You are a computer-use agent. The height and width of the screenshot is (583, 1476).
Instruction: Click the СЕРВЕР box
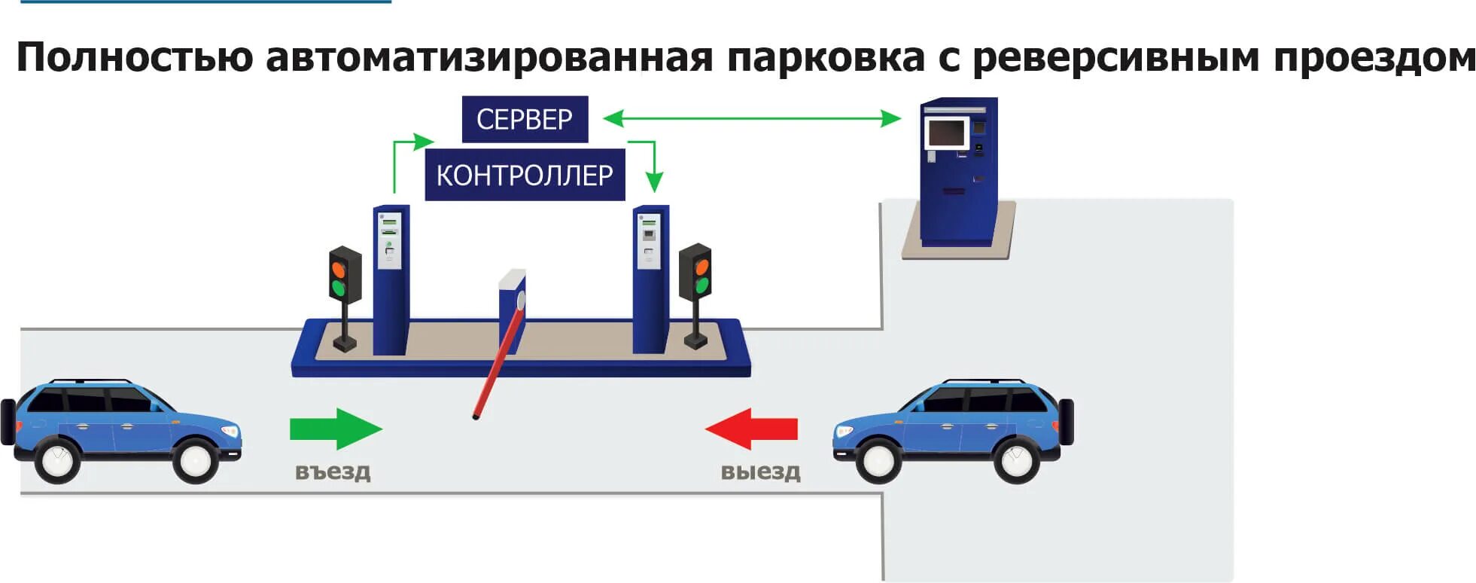coord(525,119)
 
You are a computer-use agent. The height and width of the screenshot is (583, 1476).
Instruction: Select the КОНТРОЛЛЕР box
coord(525,175)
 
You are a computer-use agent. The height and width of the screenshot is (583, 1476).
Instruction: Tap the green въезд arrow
coord(336,429)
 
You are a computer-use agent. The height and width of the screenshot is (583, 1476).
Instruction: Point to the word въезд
coord(333,472)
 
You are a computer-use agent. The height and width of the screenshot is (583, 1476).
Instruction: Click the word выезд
coord(760,472)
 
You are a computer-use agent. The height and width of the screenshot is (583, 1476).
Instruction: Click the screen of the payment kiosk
coord(946,133)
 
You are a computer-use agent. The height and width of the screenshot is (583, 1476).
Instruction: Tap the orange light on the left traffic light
coord(338,268)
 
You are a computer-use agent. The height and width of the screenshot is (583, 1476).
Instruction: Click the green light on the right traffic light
coord(701,285)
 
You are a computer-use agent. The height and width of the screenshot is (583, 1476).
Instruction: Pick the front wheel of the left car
coord(196,459)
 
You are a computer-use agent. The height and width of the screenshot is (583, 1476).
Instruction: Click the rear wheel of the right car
coord(1016,459)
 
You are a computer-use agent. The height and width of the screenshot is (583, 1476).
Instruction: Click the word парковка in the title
coord(826,57)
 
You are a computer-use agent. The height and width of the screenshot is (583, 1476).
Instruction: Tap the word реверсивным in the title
coord(1115,57)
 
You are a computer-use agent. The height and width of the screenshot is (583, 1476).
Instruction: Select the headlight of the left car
coord(230,431)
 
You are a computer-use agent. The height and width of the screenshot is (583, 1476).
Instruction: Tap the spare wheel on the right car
coord(1067,422)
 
